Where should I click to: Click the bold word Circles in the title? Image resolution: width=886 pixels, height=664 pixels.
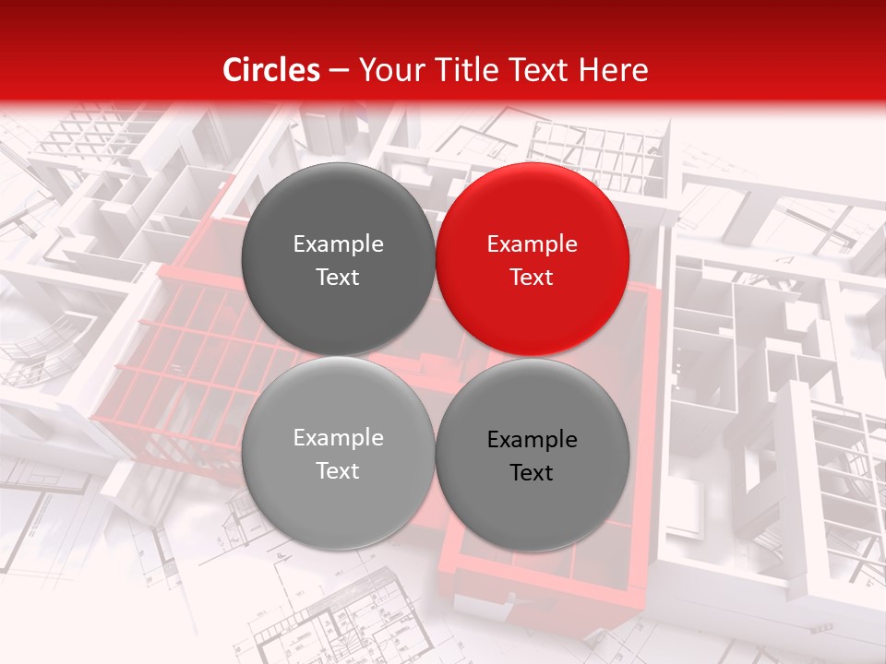pyautogui.click(x=271, y=70)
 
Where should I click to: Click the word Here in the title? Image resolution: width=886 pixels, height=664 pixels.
pyautogui.click(x=616, y=70)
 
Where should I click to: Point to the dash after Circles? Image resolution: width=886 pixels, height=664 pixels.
pyautogui.click(x=339, y=71)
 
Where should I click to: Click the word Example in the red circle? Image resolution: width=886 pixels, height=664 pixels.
pyautogui.click(x=533, y=244)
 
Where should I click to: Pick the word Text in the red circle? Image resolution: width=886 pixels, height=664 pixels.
pyautogui.click(x=532, y=278)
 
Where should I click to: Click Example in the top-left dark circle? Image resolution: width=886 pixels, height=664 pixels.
pyautogui.click(x=338, y=244)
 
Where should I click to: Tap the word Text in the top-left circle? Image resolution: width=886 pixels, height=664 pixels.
pyautogui.click(x=338, y=278)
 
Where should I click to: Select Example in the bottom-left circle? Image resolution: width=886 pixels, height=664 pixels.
pyautogui.click(x=338, y=438)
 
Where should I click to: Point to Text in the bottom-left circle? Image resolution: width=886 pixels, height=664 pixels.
pyautogui.click(x=338, y=471)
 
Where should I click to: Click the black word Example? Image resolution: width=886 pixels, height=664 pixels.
pyautogui.click(x=533, y=440)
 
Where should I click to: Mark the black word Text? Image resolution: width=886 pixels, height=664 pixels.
pyautogui.click(x=532, y=473)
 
